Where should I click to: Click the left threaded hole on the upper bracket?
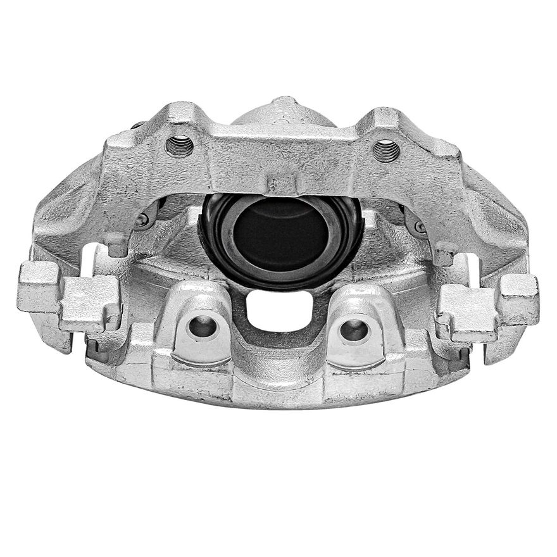point(179,147)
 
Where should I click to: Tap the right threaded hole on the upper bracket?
point(385,151)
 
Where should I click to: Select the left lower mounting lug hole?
point(201,327)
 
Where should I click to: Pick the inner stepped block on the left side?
point(91,302)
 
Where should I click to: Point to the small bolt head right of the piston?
point(419,227)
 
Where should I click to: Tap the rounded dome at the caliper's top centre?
point(283,114)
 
